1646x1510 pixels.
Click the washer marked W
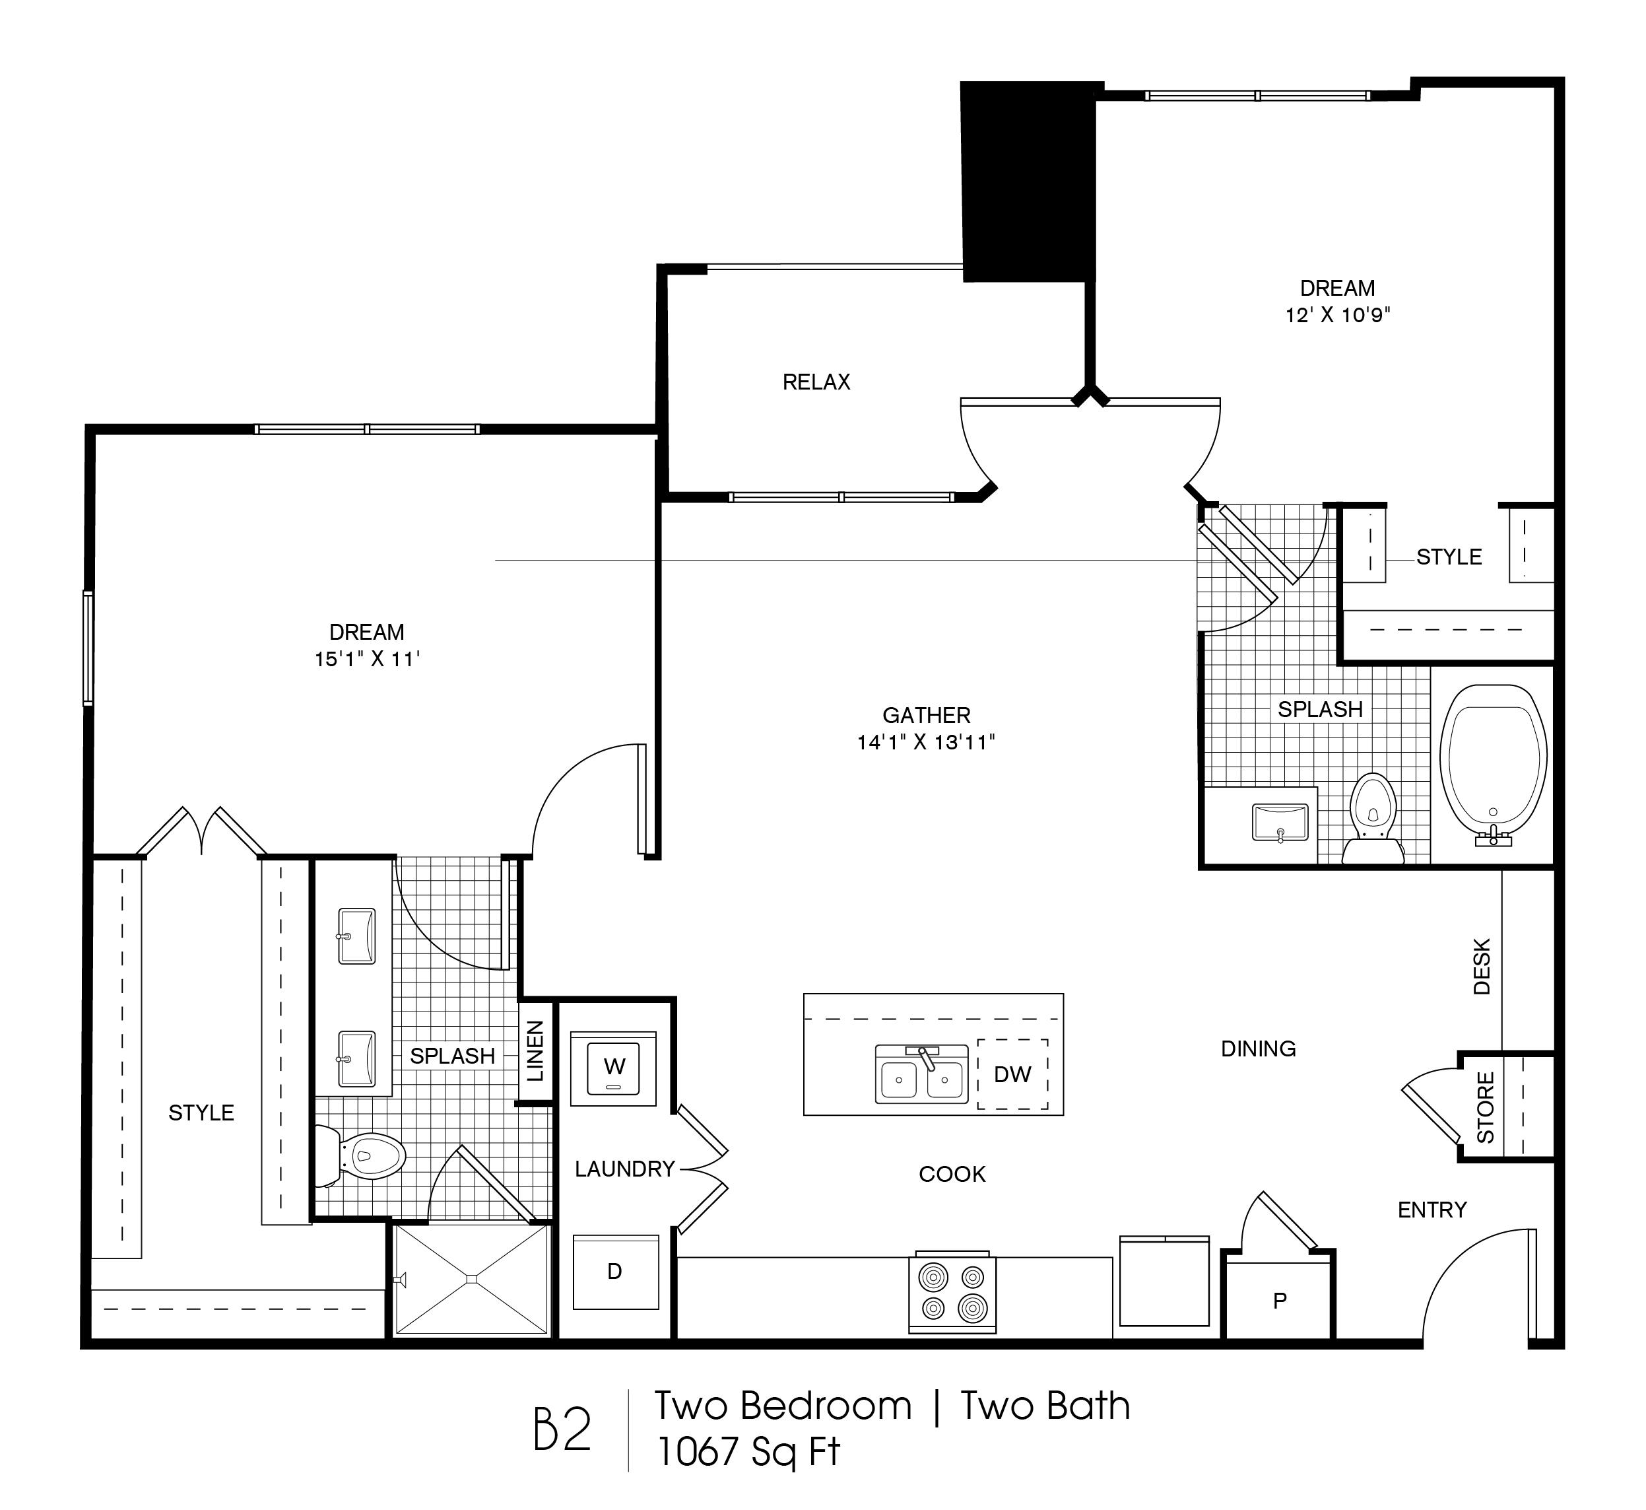(x=614, y=1067)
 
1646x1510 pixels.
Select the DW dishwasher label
(x=1012, y=1074)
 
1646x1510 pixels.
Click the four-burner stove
(x=952, y=1292)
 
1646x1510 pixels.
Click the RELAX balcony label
(x=816, y=382)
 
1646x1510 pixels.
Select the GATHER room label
(x=927, y=715)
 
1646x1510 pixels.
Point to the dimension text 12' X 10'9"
(x=1337, y=314)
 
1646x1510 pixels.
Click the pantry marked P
(x=1279, y=1300)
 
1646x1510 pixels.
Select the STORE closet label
(x=1485, y=1108)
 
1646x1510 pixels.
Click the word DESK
(x=1482, y=966)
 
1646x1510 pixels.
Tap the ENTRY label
(x=1432, y=1210)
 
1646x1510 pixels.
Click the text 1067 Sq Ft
(x=748, y=1452)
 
